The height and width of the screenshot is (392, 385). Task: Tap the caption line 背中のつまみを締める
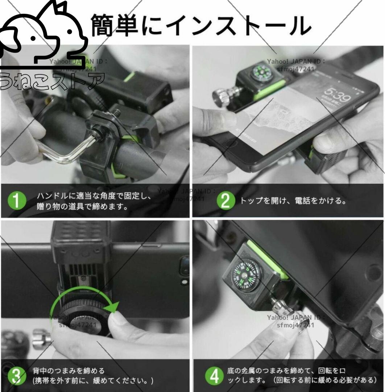(69, 371)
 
